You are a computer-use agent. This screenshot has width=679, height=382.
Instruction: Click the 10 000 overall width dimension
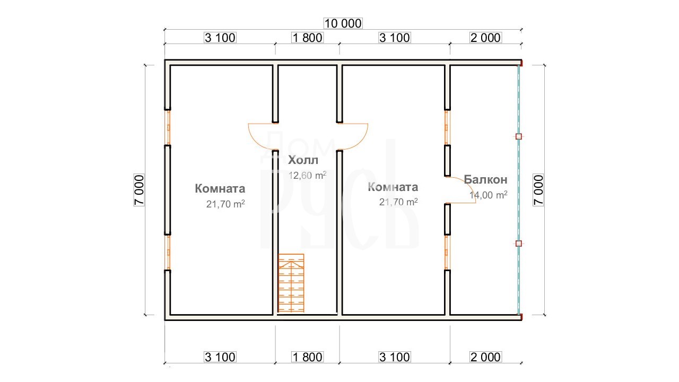point(343,23)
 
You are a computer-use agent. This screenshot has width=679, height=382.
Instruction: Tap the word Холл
point(303,160)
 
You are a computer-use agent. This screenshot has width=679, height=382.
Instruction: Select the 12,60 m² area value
point(307,175)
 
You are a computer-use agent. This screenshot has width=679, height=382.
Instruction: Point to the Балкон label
point(485,179)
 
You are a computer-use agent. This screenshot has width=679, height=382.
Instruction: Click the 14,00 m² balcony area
point(489,195)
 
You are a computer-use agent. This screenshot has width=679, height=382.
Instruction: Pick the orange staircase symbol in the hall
point(291,283)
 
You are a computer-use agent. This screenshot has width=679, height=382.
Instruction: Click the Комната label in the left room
point(220,188)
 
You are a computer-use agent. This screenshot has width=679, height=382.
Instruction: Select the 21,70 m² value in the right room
point(398,202)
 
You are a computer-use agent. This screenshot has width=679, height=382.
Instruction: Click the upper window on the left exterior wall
point(168,127)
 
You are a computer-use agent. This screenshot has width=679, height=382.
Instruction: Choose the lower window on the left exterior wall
point(168,252)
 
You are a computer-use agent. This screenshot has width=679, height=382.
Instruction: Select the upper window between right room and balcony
point(447,127)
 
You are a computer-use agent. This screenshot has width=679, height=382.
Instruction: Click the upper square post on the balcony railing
point(519,136)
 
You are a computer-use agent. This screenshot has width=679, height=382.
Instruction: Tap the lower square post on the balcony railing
point(519,244)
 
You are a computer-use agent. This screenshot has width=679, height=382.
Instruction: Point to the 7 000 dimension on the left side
point(139,190)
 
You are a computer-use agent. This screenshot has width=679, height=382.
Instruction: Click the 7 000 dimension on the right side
point(538,190)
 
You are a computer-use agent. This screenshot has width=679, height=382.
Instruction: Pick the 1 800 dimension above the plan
point(307,38)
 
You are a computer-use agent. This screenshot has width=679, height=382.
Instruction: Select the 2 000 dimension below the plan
point(485,357)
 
